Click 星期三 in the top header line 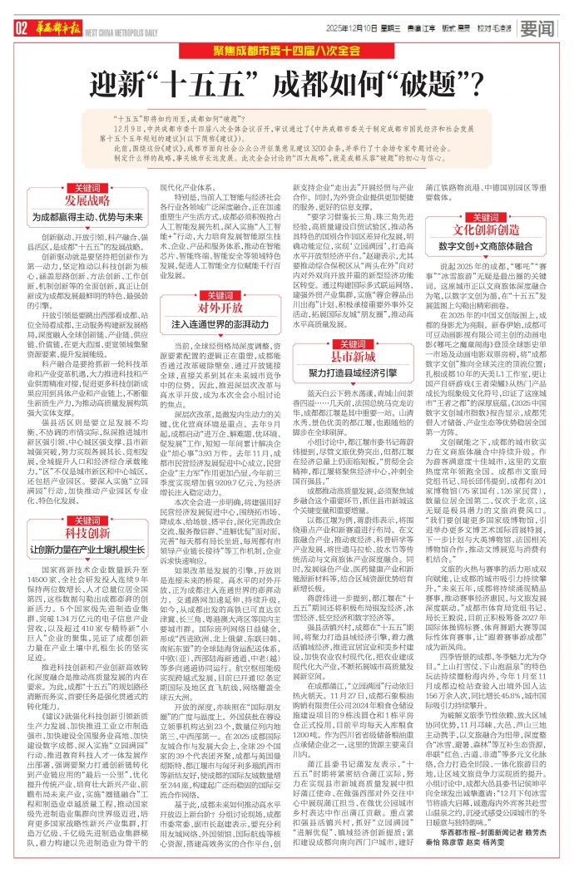pos(392,28)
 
